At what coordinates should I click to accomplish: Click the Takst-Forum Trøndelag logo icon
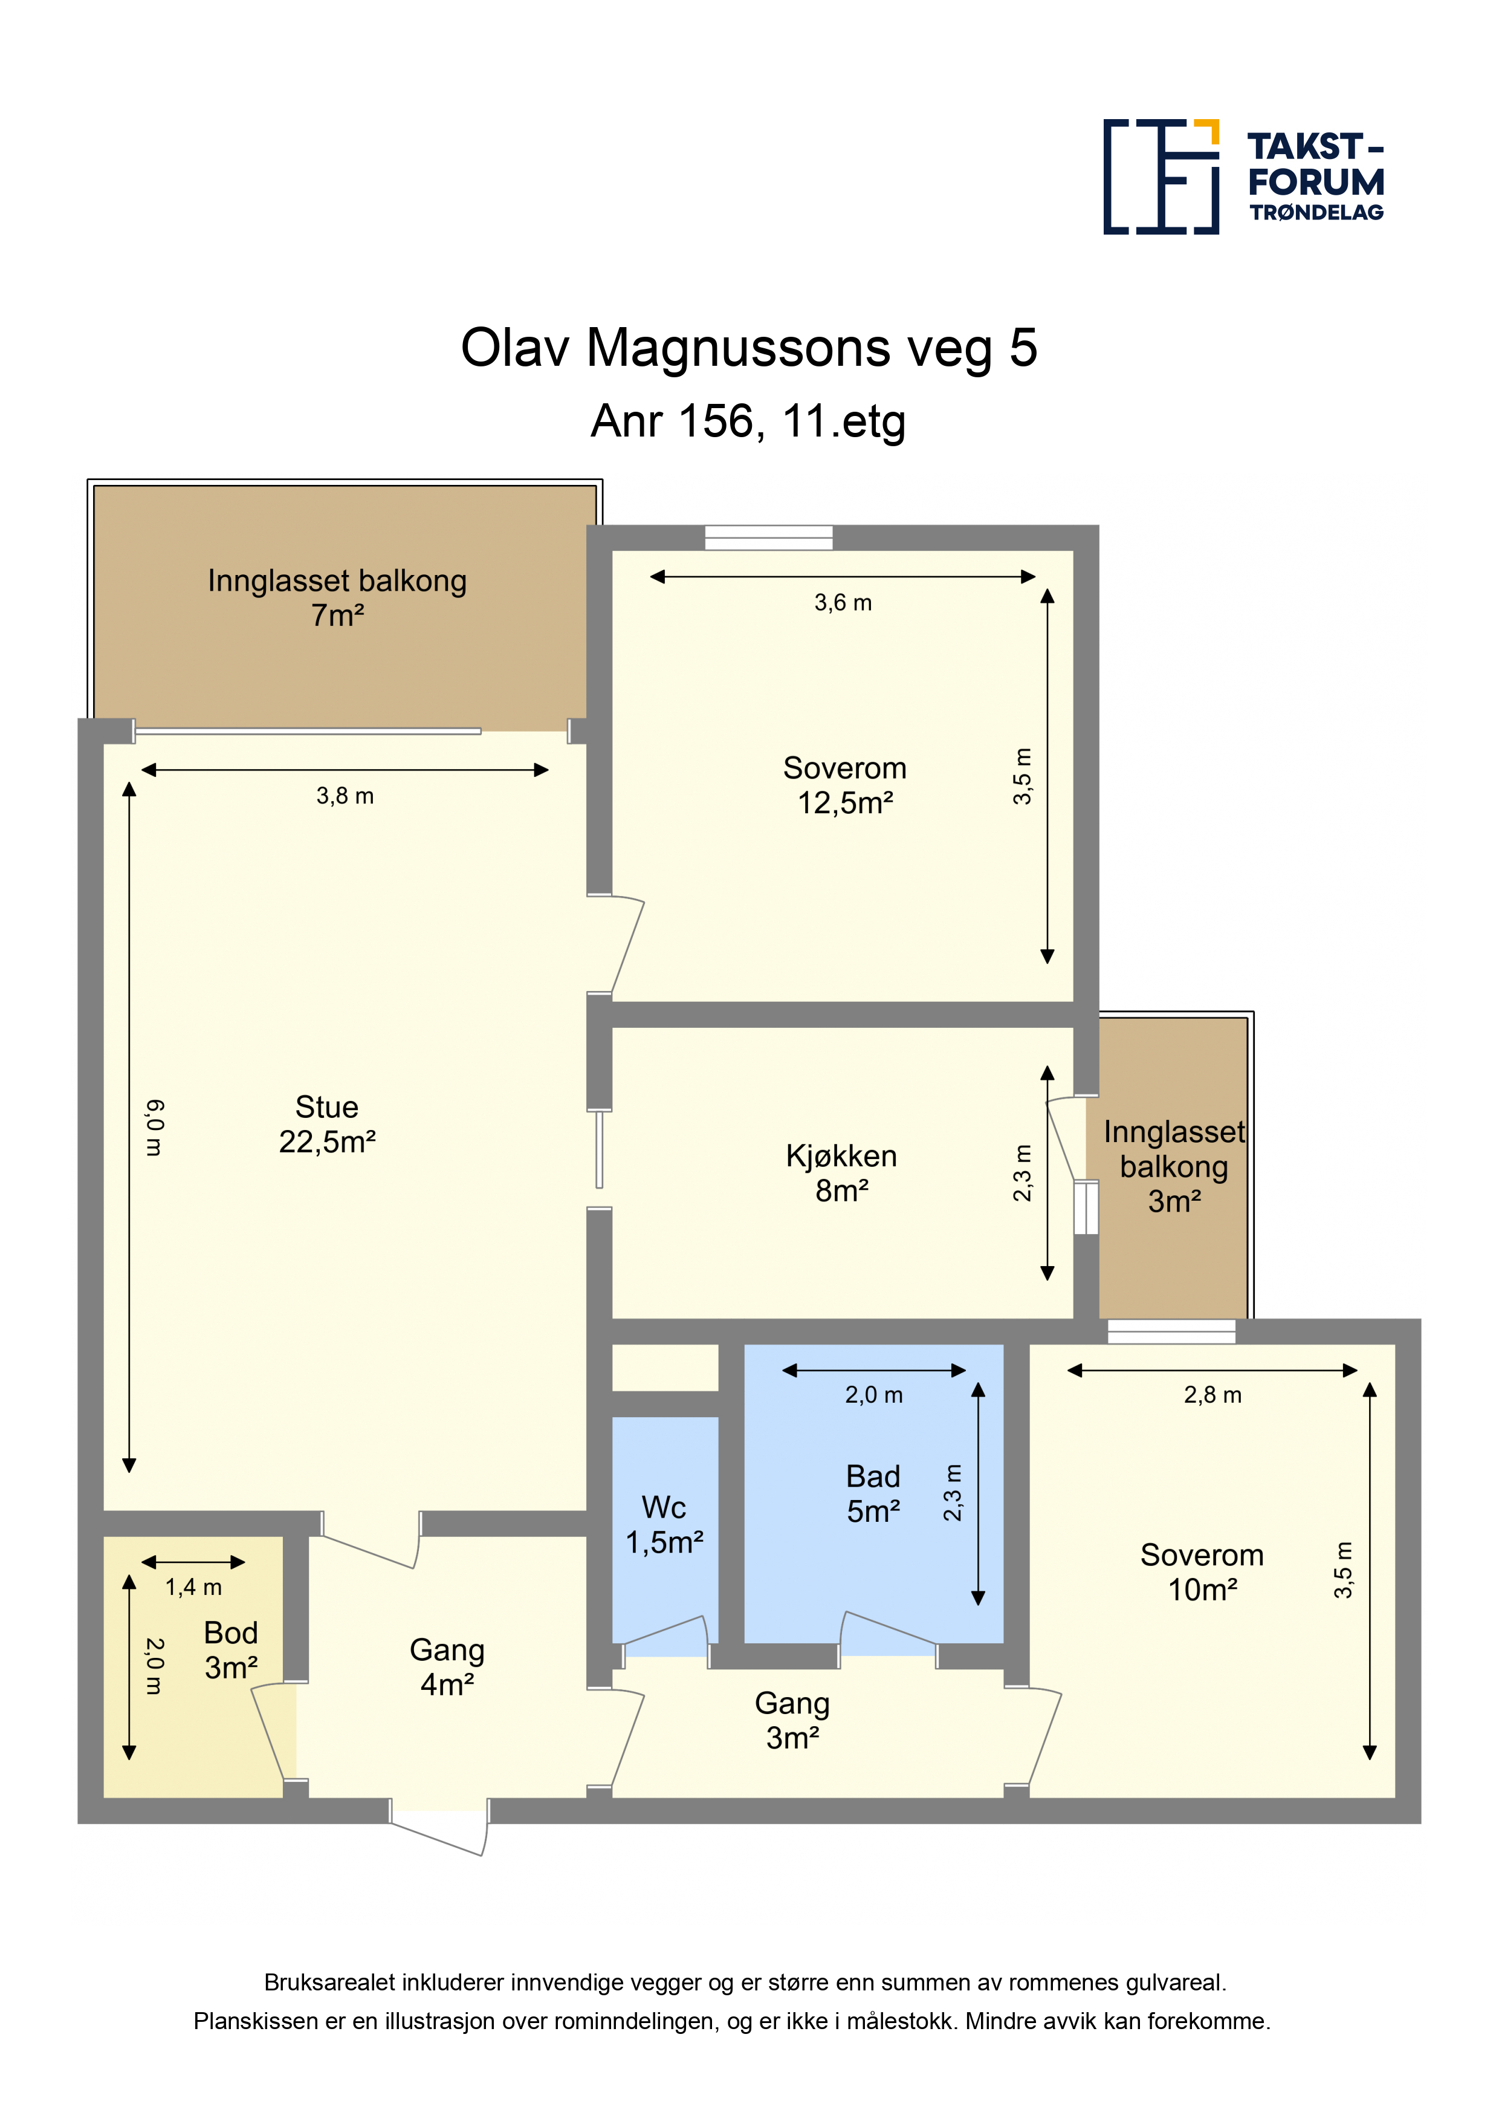(1161, 177)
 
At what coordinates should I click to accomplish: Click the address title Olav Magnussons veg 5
(749, 348)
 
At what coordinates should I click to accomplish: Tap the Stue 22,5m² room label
(327, 1124)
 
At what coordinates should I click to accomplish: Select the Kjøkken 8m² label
(841, 1173)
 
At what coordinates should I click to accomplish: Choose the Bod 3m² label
(231, 1650)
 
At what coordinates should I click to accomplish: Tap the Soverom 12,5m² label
(845, 785)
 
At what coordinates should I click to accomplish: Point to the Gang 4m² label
(447, 1668)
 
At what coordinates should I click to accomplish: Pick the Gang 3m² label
(792, 1720)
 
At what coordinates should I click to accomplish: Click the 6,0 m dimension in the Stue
(154, 1128)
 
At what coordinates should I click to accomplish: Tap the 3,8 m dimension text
(345, 796)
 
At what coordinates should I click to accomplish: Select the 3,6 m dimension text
(843, 603)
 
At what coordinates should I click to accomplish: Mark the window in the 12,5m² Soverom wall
(768, 538)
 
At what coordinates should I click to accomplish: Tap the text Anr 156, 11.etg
(748, 421)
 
